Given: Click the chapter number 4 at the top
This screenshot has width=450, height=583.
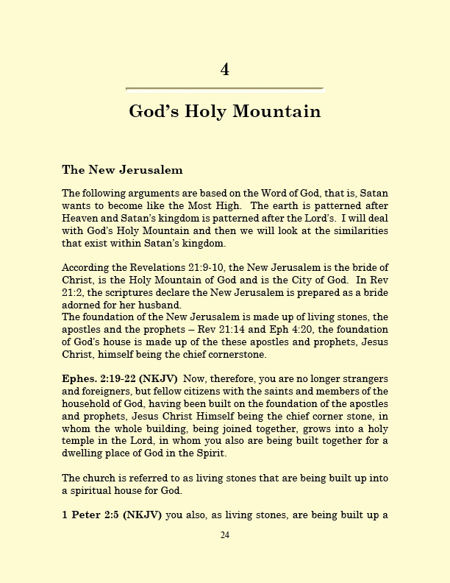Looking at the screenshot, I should pos(225,70).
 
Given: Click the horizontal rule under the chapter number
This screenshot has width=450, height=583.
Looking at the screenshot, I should pos(225,89).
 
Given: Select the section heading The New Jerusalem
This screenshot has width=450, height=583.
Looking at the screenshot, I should pos(122,170).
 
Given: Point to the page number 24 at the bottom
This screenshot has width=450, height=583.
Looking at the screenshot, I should pos(225,535).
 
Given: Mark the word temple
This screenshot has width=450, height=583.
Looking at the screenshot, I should pos(82,440).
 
